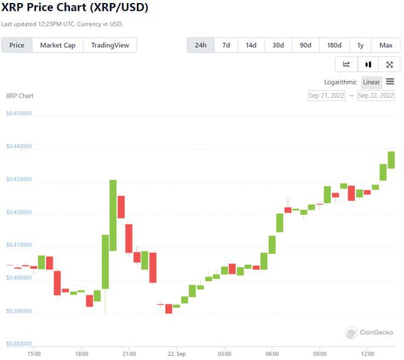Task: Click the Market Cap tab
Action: pyautogui.click(x=58, y=45)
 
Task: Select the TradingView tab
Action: pyautogui.click(x=110, y=45)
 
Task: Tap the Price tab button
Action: pyautogui.click(x=17, y=45)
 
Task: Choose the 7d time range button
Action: pyautogui.click(x=226, y=45)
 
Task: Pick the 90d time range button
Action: pyautogui.click(x=305, y=45)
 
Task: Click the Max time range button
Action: pyautogui.click(x=386, y=45)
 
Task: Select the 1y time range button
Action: pyautogui.click(x=360, y=45)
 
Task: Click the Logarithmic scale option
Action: pyautogui.click(x=340, y=82)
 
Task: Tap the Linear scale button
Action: pyautogui.click(x=372, y=82)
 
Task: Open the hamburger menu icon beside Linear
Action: pyautogui.click(x=390, y=81)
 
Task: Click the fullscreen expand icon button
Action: pyautogui.click(x=389, y=64)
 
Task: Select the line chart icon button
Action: pyautogui.click(x=346, y=64)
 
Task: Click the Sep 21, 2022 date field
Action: pyautogui.click(x=326, y=96)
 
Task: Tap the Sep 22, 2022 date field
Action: pyautogui.click(x=376, y=96)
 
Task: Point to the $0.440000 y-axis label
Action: pyautogui.click(x=19, y=146)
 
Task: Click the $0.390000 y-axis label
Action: pyautogui.click(x=19, y=311)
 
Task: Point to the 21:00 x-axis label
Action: pyautogui.click(x=129, y=354)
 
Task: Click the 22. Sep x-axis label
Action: pyautogui.click(x=176, y=354)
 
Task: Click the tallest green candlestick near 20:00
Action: pyautogui.click(x=113, y=214)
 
